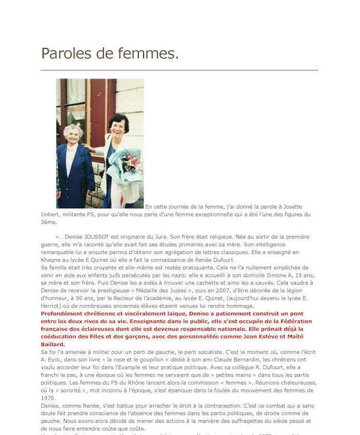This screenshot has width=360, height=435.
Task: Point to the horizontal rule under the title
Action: pyautogui.click(x=179, y=70)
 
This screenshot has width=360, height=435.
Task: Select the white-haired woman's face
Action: pyautogui.click(x=74, y=133)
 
